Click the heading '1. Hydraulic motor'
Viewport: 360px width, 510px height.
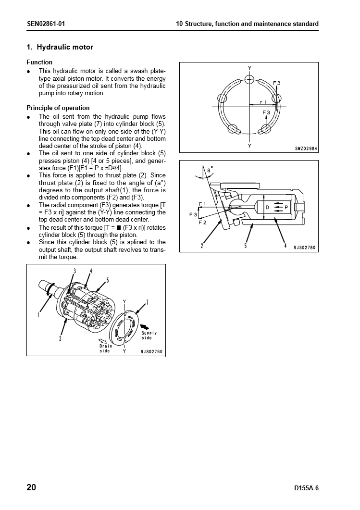(x=60, y=47)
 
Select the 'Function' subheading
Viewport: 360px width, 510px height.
(x=39, y=62)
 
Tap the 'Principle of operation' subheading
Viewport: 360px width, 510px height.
(x=58, y=108)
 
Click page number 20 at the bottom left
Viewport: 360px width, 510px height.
(x=31, y=487)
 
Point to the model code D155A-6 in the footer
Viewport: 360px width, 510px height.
(x=306, y=488)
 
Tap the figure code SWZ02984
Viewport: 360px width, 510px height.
(x=306, y=149)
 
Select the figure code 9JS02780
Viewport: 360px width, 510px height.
(x=305, y=248)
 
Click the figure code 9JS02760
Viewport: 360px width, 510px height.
(x=152, y=352)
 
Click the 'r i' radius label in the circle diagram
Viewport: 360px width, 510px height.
(x=262, y=102)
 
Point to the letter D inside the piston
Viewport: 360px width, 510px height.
(x=267, y=207)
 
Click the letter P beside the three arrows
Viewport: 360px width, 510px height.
(x=286, y=207)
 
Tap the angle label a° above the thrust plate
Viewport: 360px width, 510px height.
(x=210, y=170)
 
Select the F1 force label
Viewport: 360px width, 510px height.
(x=202, y=204)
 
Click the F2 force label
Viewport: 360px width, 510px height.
(x=202, y=222)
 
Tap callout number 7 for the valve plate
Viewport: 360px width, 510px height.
(x=147, y=302)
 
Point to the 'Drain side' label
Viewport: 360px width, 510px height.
(x=105, y=348)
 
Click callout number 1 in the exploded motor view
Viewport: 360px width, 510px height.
(x=38, y=315)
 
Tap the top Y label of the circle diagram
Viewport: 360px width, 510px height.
(x=249, y=68)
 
